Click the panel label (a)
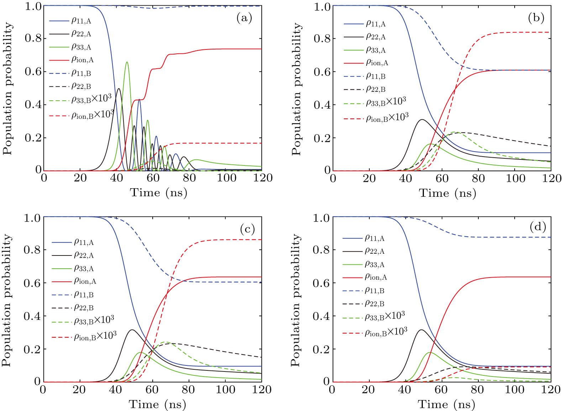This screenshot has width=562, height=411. point(244,18)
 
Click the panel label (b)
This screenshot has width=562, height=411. point(536,18)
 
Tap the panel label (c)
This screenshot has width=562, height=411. point(247,229)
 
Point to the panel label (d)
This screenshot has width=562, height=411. point(537,227)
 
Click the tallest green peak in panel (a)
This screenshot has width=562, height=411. point(127,62)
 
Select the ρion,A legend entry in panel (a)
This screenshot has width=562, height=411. point(82,60)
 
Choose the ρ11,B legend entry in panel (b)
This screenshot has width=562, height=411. point(375,76)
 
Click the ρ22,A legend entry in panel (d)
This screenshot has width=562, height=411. point(374,251)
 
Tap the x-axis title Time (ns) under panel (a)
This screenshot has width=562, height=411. point(158,193)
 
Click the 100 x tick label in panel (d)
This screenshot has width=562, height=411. point(515,390)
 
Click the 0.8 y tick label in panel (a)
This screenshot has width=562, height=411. point(33,38)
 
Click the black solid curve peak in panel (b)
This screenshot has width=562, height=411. point(422,120)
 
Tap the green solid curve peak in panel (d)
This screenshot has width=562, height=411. point(430,352)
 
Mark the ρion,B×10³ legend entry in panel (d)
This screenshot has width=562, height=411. point(386,332)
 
